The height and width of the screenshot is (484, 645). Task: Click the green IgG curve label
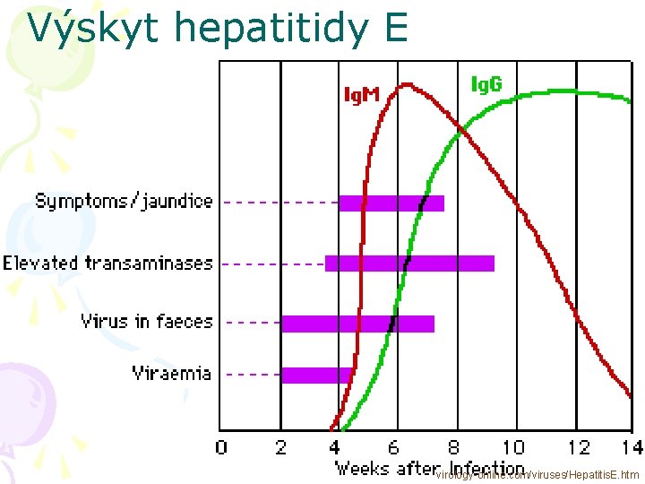click(x=486, y=84)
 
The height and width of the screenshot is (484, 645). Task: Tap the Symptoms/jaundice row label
click(x=124, y=201)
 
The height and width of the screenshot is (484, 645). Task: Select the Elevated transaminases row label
click(x=107, y=263)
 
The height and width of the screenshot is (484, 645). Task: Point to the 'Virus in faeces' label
click(x=147, y=321)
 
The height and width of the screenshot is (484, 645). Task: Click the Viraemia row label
click(x=172, y=373)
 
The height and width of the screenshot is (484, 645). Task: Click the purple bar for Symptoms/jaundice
click(x=391, y=203)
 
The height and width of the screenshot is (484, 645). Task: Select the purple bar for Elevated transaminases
click(x=409, y=263)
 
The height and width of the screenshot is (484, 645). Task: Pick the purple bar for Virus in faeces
click(x=357, y=323)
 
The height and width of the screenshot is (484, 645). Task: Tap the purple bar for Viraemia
click(x=315, y=375)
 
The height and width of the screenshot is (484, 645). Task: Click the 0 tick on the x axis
click(x=221, y=447)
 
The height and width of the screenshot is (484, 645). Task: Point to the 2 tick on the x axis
click(x=279, y=447)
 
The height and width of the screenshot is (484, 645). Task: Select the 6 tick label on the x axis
click(x=395, y=447)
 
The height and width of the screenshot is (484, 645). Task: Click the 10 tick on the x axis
click(x=512, y=447)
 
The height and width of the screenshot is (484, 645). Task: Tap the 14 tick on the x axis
click(x=632, y=447)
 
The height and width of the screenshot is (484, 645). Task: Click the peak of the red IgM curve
click(x=407, y=85)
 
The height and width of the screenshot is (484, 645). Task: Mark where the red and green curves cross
click(x=461, y=132)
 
